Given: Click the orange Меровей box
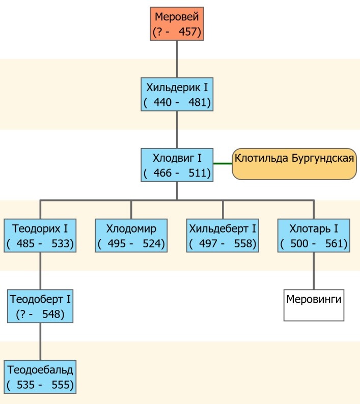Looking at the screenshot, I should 177,24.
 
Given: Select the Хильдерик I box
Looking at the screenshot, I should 177,95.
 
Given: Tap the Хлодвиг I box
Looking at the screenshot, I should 177,165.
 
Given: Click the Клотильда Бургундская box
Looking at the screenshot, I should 294,164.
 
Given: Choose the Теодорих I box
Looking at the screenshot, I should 40,235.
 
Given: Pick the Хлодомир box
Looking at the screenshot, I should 131,235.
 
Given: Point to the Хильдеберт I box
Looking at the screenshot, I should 223,235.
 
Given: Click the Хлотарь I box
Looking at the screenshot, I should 314,235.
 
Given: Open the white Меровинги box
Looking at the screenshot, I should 314,305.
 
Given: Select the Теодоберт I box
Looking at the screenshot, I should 40,306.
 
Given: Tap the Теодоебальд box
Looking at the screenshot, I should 40,376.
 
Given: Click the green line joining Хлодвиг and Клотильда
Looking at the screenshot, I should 223,164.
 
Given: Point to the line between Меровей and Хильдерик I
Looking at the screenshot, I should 177,60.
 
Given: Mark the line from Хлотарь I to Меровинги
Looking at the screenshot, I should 314,270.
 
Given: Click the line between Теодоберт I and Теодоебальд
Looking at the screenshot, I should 40,341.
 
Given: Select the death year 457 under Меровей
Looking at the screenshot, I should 190,33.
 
